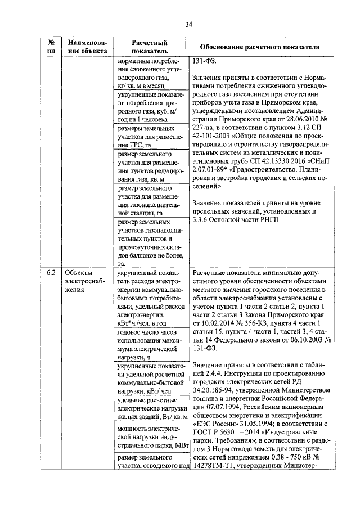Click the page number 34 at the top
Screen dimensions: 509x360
click(x=188, y=24)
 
